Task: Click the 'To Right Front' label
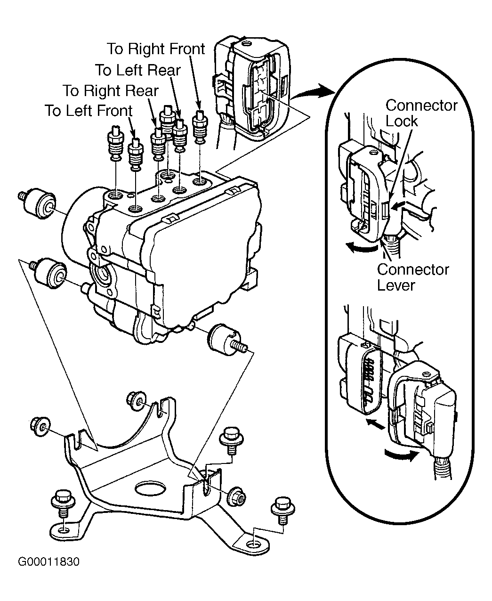[156, 49]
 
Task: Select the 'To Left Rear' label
[138, 70]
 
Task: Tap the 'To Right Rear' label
[111, 91]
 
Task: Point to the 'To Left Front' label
[89, 111]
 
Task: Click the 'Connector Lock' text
[421, 113]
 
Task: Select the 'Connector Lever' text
[413, 277]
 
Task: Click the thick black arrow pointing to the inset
[314, 92]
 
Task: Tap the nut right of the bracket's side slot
[236, 497]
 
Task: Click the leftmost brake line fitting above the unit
[115, 143]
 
